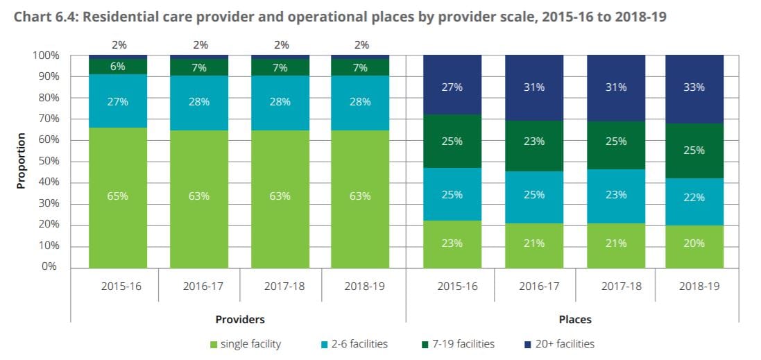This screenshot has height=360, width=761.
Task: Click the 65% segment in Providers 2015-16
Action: [x=118, y=196]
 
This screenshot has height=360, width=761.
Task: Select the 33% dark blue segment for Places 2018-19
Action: [x=694, y=88]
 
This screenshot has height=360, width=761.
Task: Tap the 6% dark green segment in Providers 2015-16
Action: [x=118, y=66]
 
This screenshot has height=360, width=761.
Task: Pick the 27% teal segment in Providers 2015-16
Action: [x=118, y=101]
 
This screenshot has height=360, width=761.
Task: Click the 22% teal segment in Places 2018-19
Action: [x=694, y=197]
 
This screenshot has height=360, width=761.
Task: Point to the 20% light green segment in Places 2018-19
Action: [x=694, y=243]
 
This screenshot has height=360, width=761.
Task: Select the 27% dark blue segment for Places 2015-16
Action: [x=452, y=88]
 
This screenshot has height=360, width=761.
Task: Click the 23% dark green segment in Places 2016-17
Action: [x=534, y=142]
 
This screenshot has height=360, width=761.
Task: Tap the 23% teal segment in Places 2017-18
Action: [x=615, y=195]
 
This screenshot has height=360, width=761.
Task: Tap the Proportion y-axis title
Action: [x=21, y=161]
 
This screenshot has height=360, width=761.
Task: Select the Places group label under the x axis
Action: [x=574, y=320]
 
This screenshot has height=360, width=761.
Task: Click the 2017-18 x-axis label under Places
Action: [x=615, y=286]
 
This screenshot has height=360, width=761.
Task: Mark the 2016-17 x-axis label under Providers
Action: [x=200, y=286]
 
